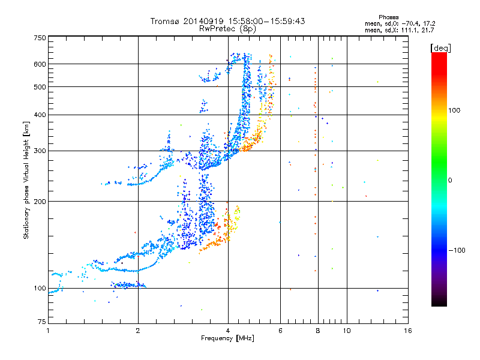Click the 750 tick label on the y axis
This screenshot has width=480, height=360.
(x=40, y=38)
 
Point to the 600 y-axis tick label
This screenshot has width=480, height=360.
(x=40, y=64)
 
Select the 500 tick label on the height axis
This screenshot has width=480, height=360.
(x=40, y=87)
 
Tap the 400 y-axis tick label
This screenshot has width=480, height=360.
(x=40, y=115)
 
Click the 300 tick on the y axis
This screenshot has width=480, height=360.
(x=40, y=151)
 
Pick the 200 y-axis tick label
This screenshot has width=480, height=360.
(x=40, y=202)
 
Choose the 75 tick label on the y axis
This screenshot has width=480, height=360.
(x=41, y=323)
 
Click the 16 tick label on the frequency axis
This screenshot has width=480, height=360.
(x=407, y=331)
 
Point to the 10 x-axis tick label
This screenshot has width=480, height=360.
(x=346, y=331)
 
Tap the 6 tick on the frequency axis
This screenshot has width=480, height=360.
(x=280, y=331)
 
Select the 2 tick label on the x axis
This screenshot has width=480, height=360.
(x=138, y=331)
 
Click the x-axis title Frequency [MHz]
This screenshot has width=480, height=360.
(x=227, y=339)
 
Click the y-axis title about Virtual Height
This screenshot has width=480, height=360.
(x=27, y=180)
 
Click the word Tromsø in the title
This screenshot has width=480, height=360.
(x=165, y=21)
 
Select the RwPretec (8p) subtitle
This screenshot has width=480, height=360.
(x=228, y=28)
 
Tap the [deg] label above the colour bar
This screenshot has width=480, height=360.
(x=440, y=47)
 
